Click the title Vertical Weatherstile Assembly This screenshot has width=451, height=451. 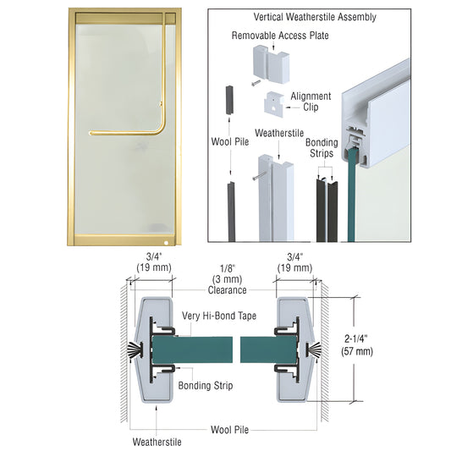coord(315,17)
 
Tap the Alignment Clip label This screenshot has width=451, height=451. coord(311,102)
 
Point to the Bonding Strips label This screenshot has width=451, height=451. coord(321,148)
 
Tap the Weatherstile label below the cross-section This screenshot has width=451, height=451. coord(157,441)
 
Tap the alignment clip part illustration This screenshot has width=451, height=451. coord(274,104)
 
